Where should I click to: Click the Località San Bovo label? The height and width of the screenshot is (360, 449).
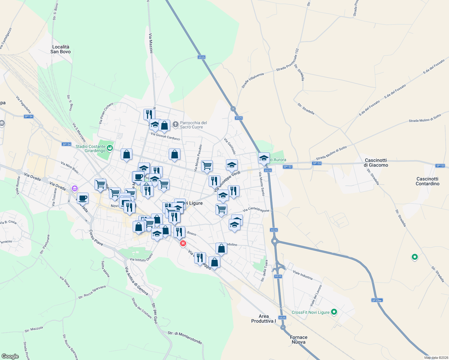tap(61, 49)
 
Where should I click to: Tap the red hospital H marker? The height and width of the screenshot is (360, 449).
tap(183, 244)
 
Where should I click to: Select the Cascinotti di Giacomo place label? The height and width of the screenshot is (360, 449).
tap(376, 163)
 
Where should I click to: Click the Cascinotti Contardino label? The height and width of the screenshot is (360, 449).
tap(427, 181)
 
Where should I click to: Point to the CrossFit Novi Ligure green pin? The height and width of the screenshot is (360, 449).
tap(334, 312)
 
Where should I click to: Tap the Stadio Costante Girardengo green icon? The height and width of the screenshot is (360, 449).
tap(110, 148)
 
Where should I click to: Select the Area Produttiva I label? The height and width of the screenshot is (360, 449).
tap(264, 319)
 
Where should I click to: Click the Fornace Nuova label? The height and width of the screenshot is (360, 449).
tap(299, 340)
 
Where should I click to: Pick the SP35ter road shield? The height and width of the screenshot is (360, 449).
tap(377, 300)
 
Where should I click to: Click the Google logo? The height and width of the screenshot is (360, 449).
tap(10, 356)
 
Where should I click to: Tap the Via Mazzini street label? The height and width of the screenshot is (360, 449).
tap(151, 43)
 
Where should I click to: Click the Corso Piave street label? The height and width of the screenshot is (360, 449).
tap(96, 238)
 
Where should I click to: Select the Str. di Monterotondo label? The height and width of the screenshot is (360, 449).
tap(185, 337)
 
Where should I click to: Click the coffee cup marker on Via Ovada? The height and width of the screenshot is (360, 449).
tap(83, 198)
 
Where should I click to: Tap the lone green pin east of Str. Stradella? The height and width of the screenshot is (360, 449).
tap(414, 257)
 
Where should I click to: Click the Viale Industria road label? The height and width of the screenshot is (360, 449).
tap(303, 275)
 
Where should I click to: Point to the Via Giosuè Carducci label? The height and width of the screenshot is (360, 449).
tap(165, 136)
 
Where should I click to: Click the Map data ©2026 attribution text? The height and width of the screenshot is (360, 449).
tap(435, 358)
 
